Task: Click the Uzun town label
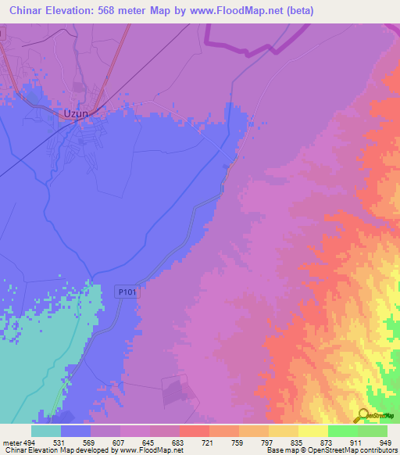click(73, 114)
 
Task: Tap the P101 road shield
click(127, 291)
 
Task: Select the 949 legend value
click(385, 442)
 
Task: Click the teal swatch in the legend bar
click(45, 431)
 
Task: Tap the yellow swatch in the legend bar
click(312, 431)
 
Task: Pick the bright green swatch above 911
click(342, 431)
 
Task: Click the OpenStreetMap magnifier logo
click(361, 415)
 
